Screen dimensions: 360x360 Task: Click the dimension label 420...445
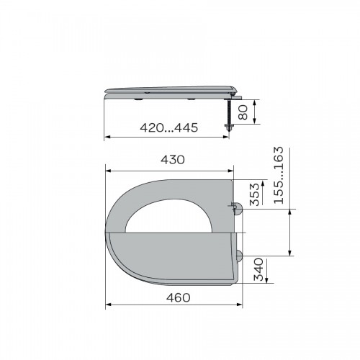pyautogui.click(x=169, y=127)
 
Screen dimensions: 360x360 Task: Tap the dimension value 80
pyautogui.click(x=243, y=112)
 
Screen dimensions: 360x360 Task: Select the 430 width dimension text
pyautogui.click(x=173, y=160)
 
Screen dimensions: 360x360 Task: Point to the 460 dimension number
pyautogui.click(x=179, y=298)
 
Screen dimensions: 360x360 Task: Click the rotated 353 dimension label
pyautogui.click(x=255, y=194)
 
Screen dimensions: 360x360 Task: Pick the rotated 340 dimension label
pyautogui.click(x=258, y=269)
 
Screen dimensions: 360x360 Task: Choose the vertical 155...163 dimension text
pyautogui.click(x=279, y=176)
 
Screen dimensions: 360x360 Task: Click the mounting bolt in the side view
pyautogui.click(x=228, y=115)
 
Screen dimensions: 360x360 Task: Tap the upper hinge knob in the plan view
pyautogui.click(x=238, y=209)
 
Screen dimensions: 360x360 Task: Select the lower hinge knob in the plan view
pyautogui.click(x=239, y=256)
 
